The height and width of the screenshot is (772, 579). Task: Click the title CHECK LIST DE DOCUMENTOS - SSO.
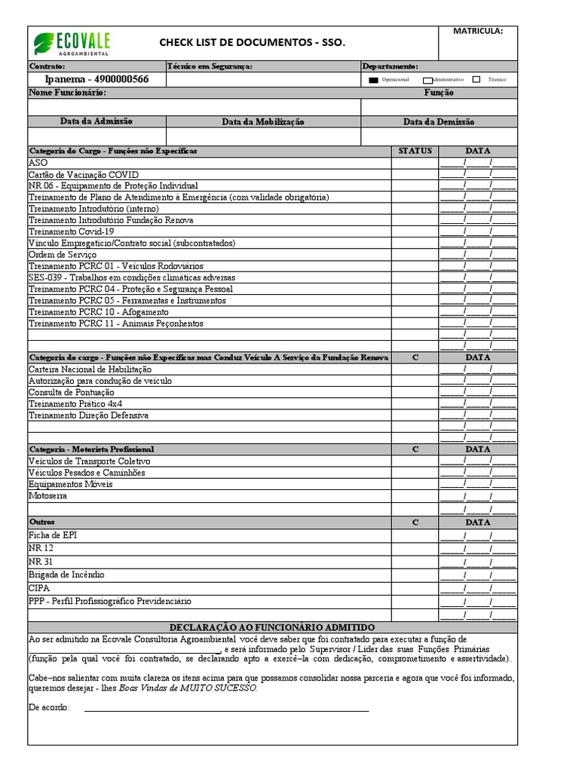pos(252,44)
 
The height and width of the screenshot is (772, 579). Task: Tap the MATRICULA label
pos(477,32)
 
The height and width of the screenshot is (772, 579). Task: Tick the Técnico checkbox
pos(476,79)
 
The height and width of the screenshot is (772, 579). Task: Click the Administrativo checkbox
pos(427,79)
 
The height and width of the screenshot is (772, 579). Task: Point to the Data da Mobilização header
pos(263,121)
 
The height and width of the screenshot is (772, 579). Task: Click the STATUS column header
pos(415,151)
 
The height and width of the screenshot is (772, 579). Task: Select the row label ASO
pos(38,163)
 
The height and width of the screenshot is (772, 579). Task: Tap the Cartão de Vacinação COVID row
pos(84,174)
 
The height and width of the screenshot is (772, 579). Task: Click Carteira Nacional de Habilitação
pos(90,369)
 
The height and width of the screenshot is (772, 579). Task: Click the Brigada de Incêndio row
pos(66,574)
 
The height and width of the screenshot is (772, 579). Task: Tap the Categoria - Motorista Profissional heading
pos(91,449)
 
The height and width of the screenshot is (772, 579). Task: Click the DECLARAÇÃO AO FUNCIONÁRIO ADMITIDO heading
pos(272,627)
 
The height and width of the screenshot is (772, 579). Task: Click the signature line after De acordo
pos(226,709)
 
